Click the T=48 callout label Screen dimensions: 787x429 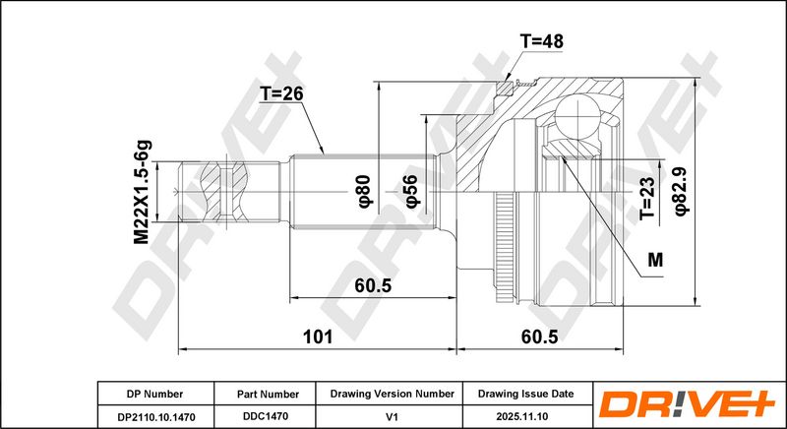541,41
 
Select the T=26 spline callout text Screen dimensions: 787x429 281,93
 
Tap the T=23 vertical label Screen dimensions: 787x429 647,199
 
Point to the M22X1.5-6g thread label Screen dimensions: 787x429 142,192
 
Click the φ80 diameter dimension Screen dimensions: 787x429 364,191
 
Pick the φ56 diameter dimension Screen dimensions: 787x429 410,191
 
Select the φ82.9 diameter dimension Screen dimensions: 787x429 683,191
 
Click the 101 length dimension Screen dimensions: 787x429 318,337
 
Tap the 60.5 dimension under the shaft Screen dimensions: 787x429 373,285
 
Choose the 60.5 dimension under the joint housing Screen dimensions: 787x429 539,337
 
